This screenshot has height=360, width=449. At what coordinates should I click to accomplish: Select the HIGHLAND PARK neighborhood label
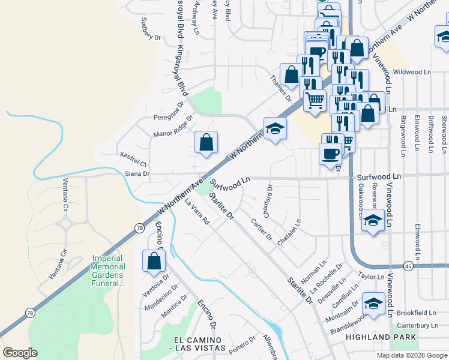point(381,338)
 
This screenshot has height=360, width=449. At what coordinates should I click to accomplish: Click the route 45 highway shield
point(408,265)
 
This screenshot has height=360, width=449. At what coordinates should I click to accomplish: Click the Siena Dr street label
point(137,173)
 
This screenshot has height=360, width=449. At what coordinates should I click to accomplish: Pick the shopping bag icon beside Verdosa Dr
point(154,261)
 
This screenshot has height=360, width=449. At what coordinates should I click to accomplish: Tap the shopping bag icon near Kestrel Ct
point(206,143)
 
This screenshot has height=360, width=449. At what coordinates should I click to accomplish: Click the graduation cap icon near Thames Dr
point(275,128)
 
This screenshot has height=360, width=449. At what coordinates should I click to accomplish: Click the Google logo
point(20,353)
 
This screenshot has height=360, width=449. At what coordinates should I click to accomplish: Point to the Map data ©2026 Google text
point(411,355)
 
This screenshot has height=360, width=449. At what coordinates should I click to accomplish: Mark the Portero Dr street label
point(242,344)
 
